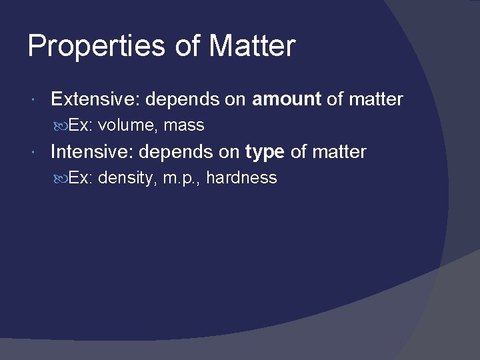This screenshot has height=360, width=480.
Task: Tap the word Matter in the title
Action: click(251, 47)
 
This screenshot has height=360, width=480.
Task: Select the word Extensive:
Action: click(95, 99)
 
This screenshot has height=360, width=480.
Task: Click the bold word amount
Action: click(287, 99)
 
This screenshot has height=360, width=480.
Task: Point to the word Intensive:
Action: click(93, 152)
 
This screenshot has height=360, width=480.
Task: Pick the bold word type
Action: click(265, 153)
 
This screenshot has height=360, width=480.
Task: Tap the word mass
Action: click(184, 125)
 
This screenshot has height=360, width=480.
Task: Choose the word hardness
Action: click(241, 178)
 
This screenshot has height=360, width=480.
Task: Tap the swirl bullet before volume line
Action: click(61, 125)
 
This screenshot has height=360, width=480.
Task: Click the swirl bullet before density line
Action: click(61, 178)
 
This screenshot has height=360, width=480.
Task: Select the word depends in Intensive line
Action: click(175, 153)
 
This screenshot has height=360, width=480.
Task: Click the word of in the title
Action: click(188, 47)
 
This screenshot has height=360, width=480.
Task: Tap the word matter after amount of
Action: click(375, 99)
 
